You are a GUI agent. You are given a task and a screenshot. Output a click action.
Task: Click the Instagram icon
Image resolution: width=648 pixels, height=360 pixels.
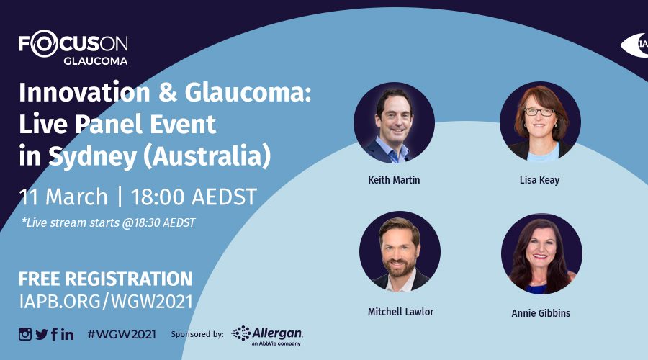[x=24, y=334]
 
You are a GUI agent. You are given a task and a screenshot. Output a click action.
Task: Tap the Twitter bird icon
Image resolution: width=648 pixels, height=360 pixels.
[x=42, y=334]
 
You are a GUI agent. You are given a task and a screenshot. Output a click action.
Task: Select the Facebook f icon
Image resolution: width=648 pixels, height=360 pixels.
[x=54, y=334]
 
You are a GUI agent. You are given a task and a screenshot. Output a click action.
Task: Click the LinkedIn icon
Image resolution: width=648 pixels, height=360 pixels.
[x=68, y=334]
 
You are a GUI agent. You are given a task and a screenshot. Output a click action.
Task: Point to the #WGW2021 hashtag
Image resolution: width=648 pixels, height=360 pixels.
[x=122, y=334]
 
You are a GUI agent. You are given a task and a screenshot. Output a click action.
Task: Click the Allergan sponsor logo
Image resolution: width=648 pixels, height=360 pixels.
[x=267, y=336]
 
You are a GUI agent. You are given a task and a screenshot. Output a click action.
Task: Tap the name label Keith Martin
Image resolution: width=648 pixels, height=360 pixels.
[x=394, y=180]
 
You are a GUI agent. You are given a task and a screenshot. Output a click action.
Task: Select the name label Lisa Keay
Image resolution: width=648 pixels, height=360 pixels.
[x=539, y=180]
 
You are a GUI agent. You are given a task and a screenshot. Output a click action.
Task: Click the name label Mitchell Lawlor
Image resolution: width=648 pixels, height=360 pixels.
[x=400, y=312]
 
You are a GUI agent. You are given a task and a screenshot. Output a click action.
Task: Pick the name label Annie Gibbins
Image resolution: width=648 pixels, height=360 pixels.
[x=541, y=313]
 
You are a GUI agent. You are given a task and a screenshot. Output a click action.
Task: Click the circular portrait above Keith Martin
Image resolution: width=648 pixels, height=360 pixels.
[x=394, y=122]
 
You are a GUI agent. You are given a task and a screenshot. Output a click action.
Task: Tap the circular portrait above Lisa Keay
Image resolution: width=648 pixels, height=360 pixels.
[x=540, y=122]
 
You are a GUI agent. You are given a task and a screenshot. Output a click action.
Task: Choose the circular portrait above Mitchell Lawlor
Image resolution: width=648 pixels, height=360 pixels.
[x=400, y=252]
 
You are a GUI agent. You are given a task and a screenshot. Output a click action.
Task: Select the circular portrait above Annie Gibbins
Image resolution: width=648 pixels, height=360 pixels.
[x=541, y=253]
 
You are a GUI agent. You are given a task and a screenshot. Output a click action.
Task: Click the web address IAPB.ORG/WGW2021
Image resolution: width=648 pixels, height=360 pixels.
[x=106, y=302]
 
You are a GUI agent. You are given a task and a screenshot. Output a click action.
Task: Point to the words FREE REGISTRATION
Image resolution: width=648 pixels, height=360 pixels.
[x=105, y=279]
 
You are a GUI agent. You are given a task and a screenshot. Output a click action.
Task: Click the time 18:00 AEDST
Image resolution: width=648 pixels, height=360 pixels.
[x=194, y=197]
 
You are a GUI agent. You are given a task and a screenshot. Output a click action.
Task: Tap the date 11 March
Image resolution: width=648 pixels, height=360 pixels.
[x=63, y=197]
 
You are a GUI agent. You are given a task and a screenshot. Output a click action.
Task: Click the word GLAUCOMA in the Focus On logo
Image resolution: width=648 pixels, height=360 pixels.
[x=96, y=60]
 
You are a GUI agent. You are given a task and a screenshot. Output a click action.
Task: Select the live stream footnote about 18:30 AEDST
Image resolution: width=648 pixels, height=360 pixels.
[x=108, y=222]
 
